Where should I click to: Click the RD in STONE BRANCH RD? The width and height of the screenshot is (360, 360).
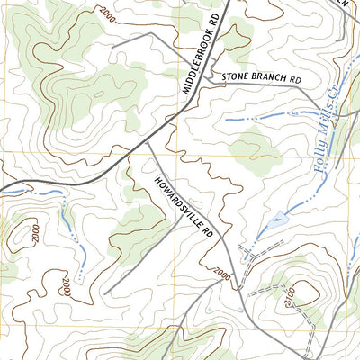297,79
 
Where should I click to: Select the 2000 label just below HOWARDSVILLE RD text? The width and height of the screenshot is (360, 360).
221,272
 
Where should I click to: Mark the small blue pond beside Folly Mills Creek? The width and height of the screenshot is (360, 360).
278,218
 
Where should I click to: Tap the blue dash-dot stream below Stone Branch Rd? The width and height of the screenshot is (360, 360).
261,118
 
